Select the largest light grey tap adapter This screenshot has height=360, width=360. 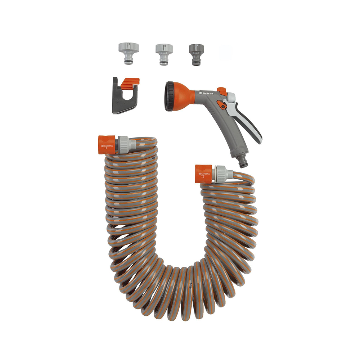coord(129,52)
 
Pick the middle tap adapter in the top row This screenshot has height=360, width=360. coord(164,53)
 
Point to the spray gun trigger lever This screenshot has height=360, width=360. coord(250,124)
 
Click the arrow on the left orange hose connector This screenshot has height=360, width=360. coord(105,147)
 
